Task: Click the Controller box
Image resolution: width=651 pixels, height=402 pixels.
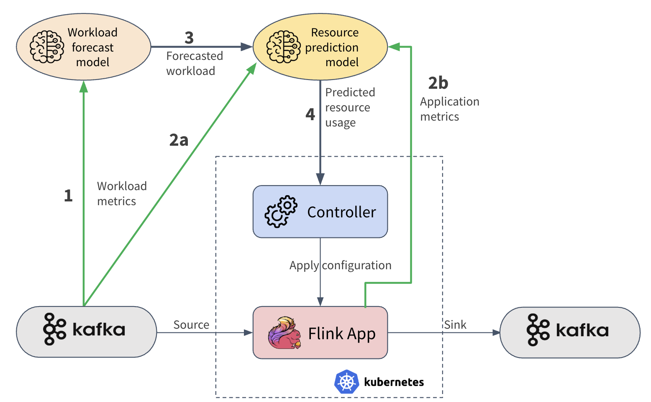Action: (320, 212)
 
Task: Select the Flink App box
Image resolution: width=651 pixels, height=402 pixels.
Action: (320, 333)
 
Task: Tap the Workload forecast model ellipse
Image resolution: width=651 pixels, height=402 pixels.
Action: (84, 47)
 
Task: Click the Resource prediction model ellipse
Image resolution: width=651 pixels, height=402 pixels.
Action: (320, 47)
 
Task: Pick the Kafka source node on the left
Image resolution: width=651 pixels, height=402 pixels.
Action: (86, 332)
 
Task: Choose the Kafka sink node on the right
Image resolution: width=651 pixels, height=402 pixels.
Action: (570, 332)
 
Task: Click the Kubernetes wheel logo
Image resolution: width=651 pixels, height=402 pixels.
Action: (347, 381)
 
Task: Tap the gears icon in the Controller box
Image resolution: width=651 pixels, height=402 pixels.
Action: (281, 211)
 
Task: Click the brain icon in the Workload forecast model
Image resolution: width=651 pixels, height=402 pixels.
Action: (47, 47)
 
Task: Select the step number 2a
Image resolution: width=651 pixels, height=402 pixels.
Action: (179, 140)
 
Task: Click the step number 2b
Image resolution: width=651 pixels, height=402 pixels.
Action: (438, 83)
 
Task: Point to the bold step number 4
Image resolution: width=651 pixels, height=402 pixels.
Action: (310, 114)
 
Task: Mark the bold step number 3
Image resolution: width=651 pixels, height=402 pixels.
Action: (189, 38)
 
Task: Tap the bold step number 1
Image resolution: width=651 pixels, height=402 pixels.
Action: (68, 196)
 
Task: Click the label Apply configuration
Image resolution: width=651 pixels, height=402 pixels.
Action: (340, 265)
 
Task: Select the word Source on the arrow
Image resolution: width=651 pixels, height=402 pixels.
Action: (191, 325)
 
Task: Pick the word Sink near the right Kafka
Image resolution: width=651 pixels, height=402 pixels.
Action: (455, 325)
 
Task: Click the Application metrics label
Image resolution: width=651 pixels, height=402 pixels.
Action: (449, 109)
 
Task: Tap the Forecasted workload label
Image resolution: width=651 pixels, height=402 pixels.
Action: (195, 63)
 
